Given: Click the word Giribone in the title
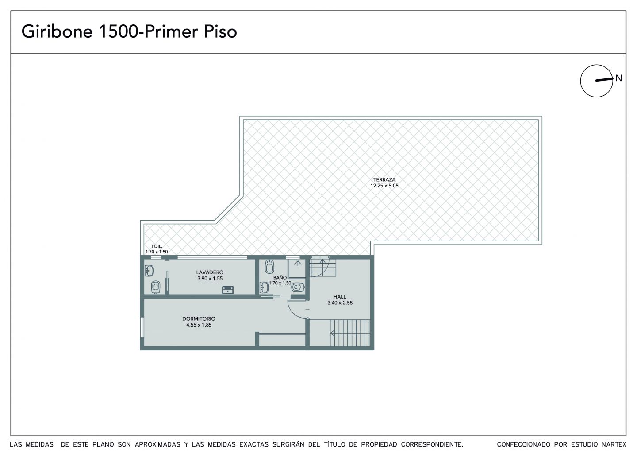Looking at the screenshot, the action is click(57, 31).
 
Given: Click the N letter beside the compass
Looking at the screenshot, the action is click(618, 78).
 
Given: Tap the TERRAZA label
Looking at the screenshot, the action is click(384, 180).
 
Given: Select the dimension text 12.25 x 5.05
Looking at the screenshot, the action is click(384, 186).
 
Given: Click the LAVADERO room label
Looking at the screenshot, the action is click(210, 272).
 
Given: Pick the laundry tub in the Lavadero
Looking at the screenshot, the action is click(227, 290).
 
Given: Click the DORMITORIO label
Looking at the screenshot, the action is click(199, 319).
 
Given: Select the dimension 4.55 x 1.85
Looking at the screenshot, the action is click(199, 325).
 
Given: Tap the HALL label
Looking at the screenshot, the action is click(340, 297).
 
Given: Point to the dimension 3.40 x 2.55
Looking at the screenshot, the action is click(340, 303).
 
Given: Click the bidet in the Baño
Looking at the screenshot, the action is click(269, 267).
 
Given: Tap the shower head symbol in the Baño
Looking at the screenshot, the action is click(297, 263).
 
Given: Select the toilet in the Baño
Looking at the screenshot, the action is click(298, 287).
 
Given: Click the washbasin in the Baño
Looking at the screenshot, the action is click(264, 288).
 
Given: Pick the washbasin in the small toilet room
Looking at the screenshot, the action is click(150, 271).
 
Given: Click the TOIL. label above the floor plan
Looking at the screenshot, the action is click(157, 246).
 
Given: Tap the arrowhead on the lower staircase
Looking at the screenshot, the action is click(332, 333).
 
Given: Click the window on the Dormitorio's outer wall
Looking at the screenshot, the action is click(142, 327).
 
